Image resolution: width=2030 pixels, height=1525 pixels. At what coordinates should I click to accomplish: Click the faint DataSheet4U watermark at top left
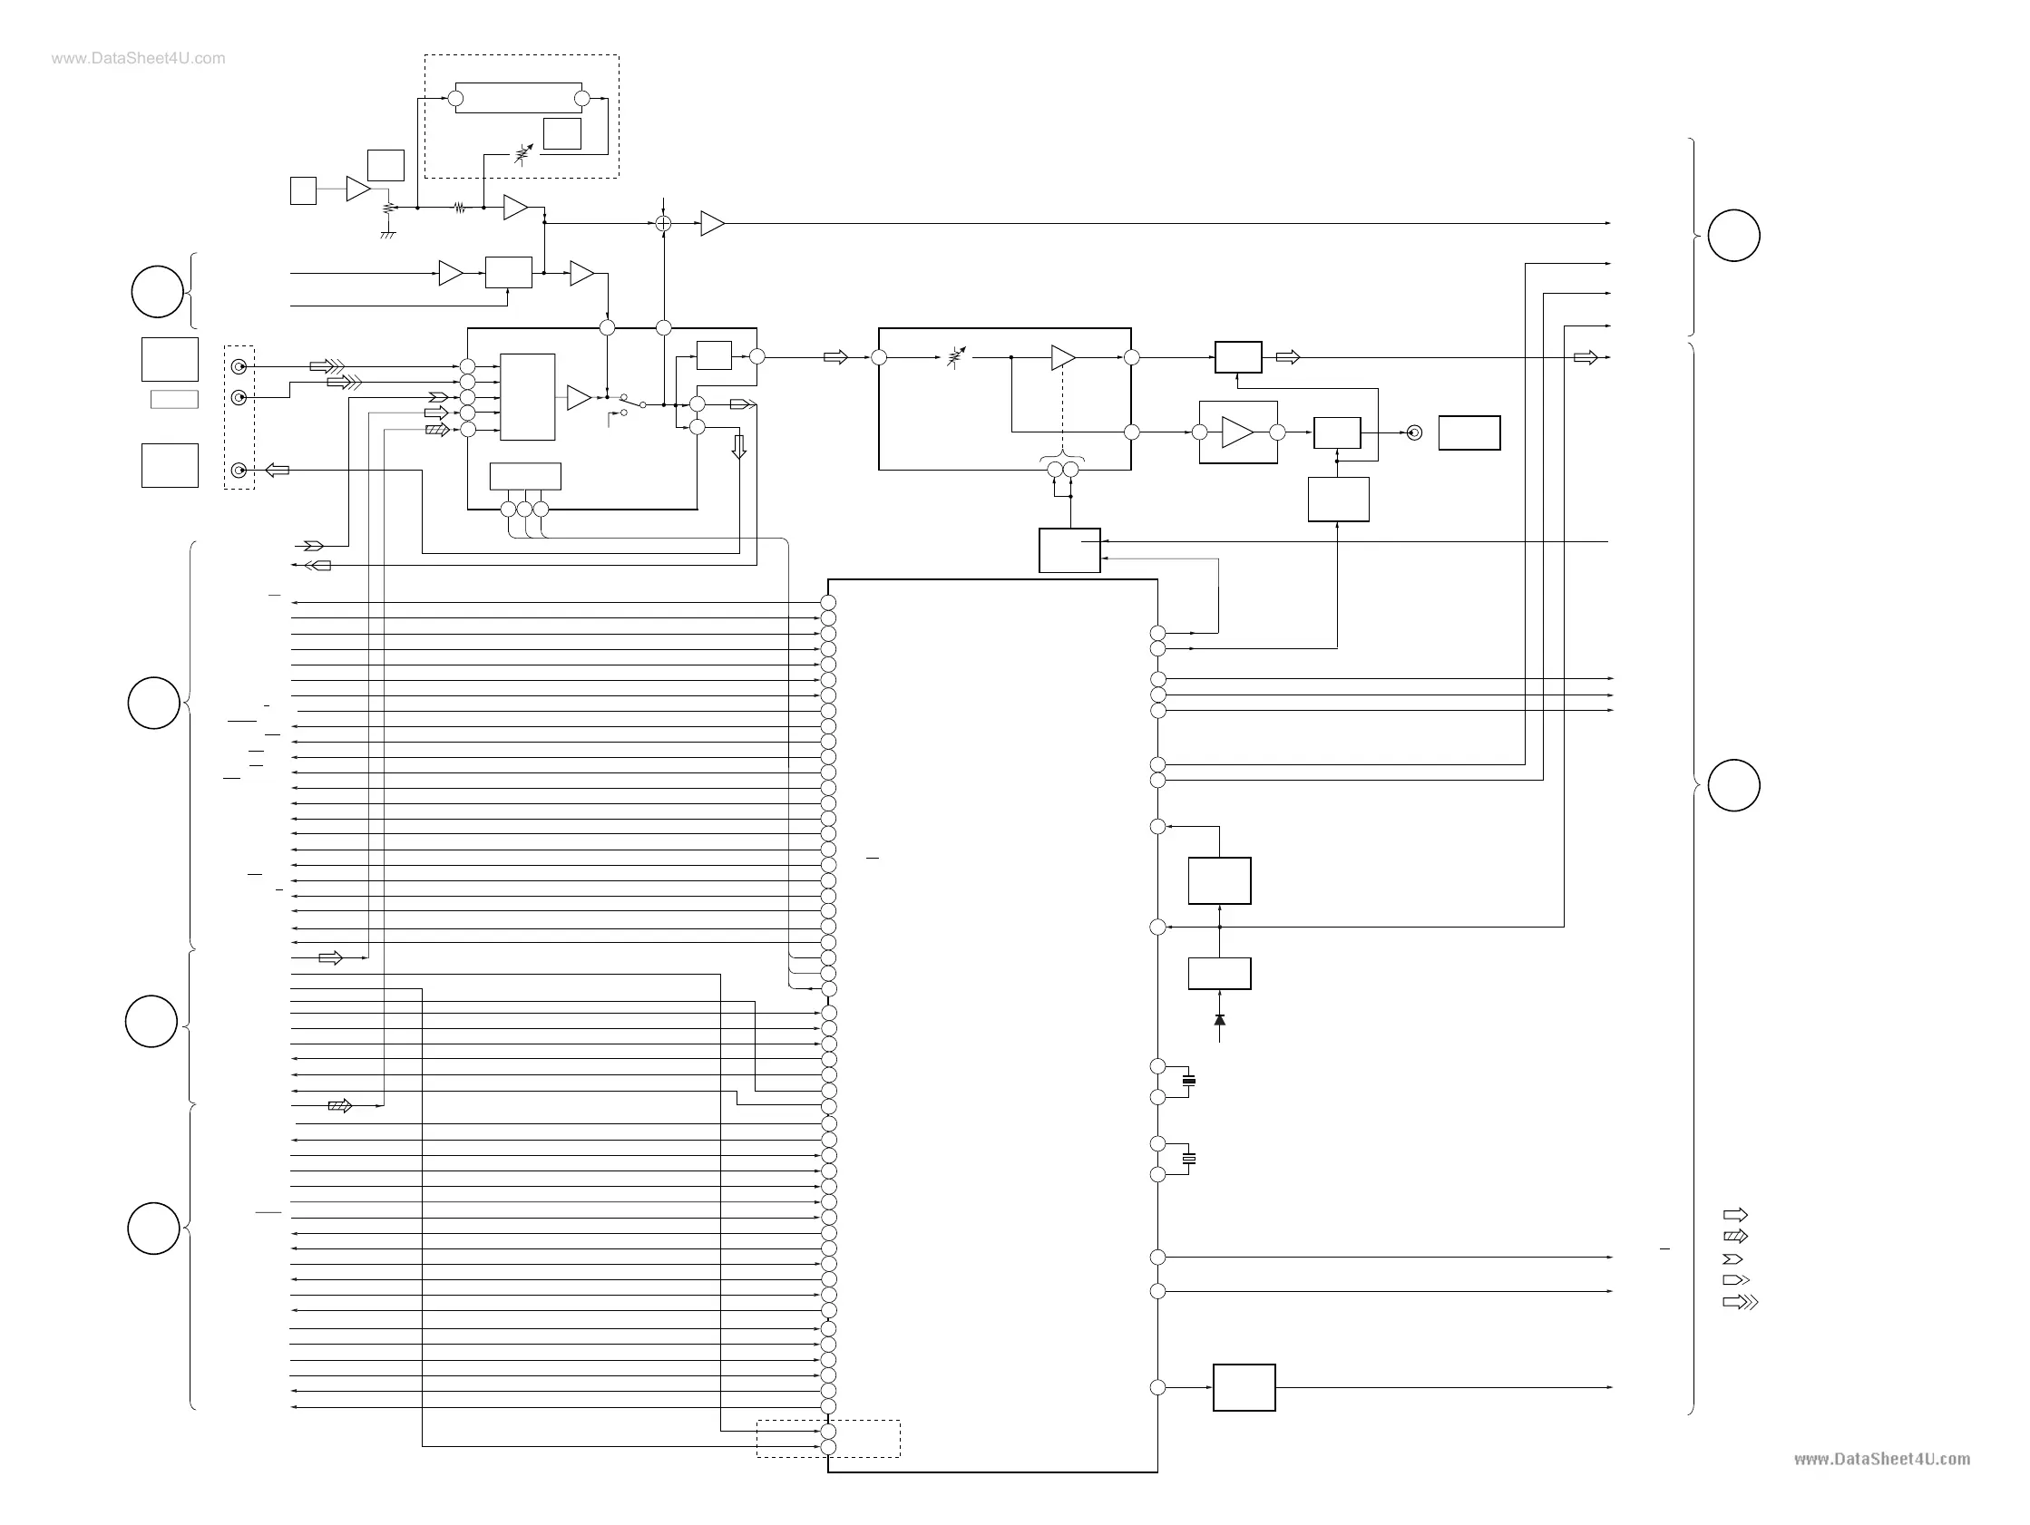tap(138, 59)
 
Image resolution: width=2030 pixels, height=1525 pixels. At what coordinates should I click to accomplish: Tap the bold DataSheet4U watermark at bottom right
tap(1881, 1459)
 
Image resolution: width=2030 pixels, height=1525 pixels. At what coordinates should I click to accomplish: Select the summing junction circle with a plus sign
tap(663, 223)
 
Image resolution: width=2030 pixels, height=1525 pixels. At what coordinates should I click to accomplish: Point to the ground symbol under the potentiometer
tap(388, 235)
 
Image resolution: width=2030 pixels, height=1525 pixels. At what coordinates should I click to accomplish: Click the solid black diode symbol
tap(1220, 1020)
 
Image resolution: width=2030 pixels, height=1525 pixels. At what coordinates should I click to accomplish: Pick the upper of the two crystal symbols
tap(1189, 1081)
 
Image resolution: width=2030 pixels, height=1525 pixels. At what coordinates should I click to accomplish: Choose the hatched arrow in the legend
tap(1735, 1236)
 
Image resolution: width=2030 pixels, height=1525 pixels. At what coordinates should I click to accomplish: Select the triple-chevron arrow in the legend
tap(1740, 1302)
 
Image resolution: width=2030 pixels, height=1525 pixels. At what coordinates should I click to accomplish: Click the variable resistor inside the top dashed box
tap(523, 153)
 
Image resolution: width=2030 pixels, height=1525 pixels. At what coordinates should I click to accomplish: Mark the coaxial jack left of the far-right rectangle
tap(1414, 432)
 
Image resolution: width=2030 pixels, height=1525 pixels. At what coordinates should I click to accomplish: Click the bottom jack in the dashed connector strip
tap(239, 471)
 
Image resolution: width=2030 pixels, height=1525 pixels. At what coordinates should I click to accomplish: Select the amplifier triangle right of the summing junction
tap(712, 223)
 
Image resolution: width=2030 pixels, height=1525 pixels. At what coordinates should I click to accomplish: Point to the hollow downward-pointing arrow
tap(738, 447)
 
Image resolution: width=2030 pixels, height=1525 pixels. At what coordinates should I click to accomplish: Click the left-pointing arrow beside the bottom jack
tap(278, 471)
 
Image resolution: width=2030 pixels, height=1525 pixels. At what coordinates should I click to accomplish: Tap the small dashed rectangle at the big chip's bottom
tap(828, 1439)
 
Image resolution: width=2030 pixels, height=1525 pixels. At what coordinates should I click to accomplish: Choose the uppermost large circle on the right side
tap(1733, 236)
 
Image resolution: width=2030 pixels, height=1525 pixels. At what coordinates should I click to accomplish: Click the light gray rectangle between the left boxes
tap(174, 399)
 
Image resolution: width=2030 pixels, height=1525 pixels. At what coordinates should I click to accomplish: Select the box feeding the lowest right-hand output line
tap(1244, 1387)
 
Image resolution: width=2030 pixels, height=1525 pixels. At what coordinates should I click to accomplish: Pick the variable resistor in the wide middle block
tap(956, 357)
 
